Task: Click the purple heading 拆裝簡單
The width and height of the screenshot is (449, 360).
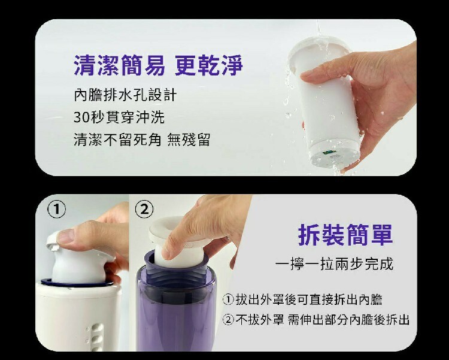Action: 345,234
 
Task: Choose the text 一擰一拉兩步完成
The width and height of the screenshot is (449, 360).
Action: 343,264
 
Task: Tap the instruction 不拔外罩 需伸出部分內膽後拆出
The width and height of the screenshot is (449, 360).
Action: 315,319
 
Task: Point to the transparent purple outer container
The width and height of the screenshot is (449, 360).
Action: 177,311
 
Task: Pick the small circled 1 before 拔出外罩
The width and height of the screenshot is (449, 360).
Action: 228,299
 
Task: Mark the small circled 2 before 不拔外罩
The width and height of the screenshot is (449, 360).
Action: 228,319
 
